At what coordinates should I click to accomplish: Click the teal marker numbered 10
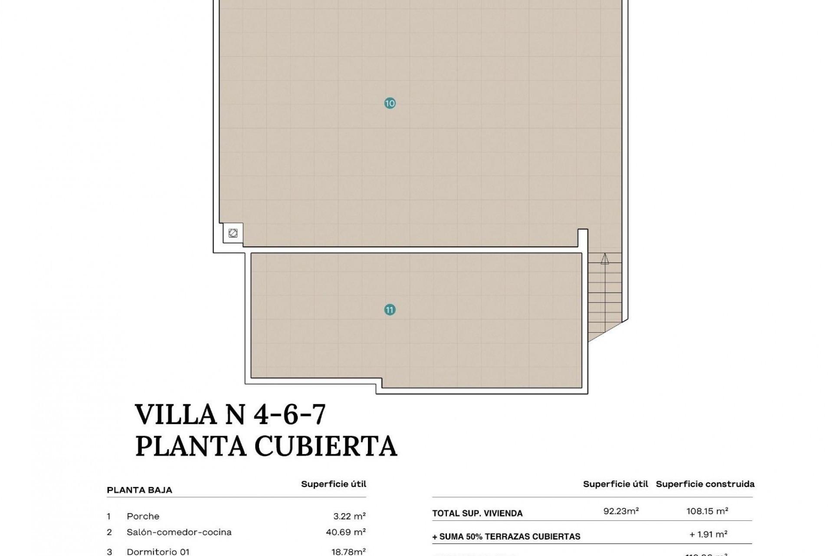(390, 103)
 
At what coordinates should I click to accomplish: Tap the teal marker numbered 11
(390, 310)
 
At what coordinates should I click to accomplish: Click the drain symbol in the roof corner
(233, 233)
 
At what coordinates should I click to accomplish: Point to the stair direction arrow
(604, 259)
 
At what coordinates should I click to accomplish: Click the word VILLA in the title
(176, 414)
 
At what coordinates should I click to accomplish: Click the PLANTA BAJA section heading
(139, 490)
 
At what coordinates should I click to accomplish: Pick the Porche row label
(143, 516)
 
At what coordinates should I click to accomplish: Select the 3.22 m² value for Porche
(349, 516)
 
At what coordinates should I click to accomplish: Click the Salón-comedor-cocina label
(179, 532)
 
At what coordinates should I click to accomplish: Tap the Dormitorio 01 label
(158, 552)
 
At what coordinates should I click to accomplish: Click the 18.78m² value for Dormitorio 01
(348, 552)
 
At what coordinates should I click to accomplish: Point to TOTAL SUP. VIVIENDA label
(477, 513)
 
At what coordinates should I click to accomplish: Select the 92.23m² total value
(621, 511)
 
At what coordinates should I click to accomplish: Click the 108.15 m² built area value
(707, 511)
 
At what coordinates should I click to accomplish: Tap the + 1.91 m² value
(708, 534)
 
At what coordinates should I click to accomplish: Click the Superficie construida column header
(705, 484)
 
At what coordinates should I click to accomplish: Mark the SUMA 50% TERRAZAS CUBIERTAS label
(506, 537)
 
